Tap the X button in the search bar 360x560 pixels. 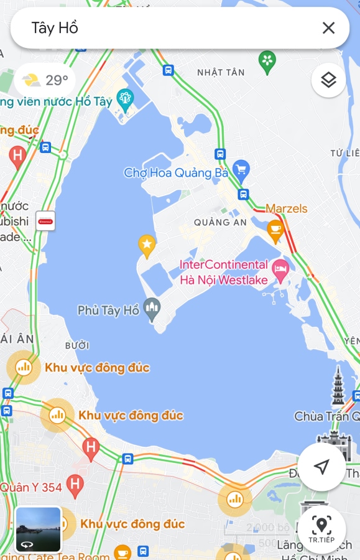click(x=328, y=27)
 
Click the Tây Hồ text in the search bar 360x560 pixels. click(x=55, y=27)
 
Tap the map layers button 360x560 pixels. click(x=328, y=80)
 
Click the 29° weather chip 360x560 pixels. click(x=45, y=80)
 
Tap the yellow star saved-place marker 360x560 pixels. click(x=147, y=246)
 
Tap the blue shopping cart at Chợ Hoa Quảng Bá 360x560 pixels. click(x=241, y=169)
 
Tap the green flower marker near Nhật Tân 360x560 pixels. click(x=267, y=60)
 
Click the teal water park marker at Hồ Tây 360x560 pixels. click(x=126, y=100)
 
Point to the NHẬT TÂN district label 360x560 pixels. click(x=221, y=73)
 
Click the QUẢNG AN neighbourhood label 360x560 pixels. click(x=220, y=222)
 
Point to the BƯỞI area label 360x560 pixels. click(x=77, y=345)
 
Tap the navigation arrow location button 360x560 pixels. click(x=321, y=467)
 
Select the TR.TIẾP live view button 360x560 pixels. click(x=321, y=529)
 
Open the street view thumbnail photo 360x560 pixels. click(x=39, y=530)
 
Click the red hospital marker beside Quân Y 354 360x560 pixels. click(x=75, y=483)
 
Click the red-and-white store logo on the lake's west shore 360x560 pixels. click(x=45, y=221)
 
